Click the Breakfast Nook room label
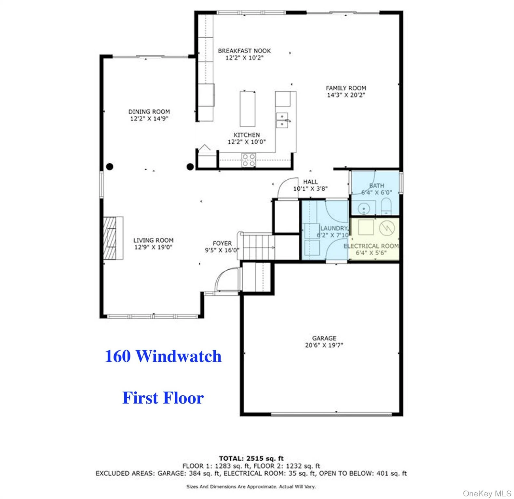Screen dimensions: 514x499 coord(244,51)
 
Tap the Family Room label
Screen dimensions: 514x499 coord(346,88)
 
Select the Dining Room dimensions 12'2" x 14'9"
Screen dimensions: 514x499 coord(149,119)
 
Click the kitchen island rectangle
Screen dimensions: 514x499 coord(248,109)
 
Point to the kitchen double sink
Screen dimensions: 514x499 coord(282,120)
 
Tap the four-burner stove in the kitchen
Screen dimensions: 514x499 coord(249,160)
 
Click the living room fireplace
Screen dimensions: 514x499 coord(113,238)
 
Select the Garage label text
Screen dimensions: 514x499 coord(324,338)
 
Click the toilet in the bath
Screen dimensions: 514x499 coord(386,207)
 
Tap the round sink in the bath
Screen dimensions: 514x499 coord(363,207)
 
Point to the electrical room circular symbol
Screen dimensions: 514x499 coord(387,228)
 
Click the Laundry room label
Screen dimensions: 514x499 coord(334,228)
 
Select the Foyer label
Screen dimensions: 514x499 coord(222,243)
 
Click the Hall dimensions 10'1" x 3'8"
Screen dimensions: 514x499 coord(310,188)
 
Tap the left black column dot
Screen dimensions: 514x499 coord(110,167)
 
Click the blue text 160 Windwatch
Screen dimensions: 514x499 coord(163,356)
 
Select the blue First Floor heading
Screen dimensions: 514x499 coord(163,398)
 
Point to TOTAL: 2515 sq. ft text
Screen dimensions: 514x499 coord(251,458)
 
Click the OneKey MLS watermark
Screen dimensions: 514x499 coord(487,493)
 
